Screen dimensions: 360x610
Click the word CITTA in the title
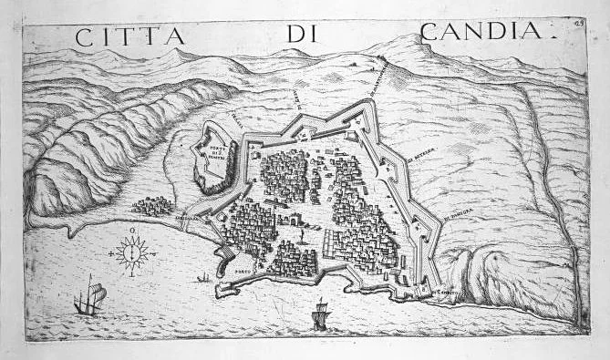tap(129, 37)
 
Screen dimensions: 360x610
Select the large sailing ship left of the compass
tap(89, 299)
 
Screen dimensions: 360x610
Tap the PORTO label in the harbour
tap(243, 271)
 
